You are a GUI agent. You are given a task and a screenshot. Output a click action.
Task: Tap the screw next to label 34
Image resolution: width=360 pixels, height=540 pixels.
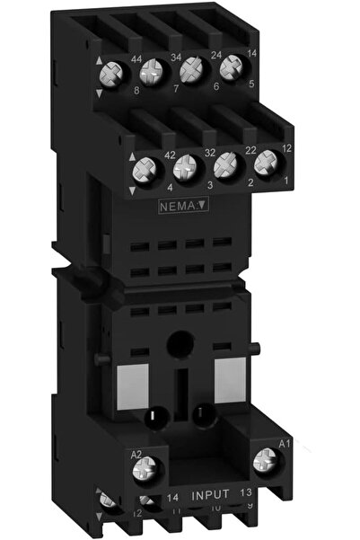(155, 68)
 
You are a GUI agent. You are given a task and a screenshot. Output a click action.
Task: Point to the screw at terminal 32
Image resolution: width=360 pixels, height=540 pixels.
(185, 167)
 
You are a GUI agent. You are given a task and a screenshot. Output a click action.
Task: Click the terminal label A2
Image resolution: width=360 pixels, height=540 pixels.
(138, 454)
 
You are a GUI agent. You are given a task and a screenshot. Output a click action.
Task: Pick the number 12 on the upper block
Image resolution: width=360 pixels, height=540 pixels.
(287, 147)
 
